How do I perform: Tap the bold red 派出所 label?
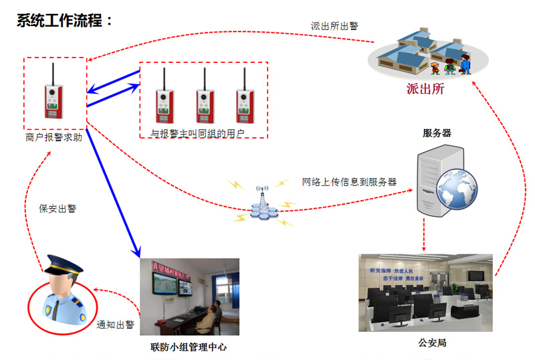pyautogui.click(x=425, y=88)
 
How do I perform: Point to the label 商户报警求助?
pyautogui.click(x=53, y=139)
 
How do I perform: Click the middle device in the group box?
pyautogui.click(x=205, y=98)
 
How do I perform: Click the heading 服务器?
pyautogui.click(x=437, y=133)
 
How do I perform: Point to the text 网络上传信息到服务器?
pyautogui.click(x=349, y=181)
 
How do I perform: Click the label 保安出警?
pyautogui.click(x=58, y=209)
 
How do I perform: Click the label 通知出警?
pyautogui.click(x=115, y=325)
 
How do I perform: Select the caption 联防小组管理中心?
pyautogui.click(x=189, y=347)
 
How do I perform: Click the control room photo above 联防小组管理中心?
pyautogui.click(x=189, y=296)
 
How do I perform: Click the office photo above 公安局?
pyautogui.click(x=425, y=292)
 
